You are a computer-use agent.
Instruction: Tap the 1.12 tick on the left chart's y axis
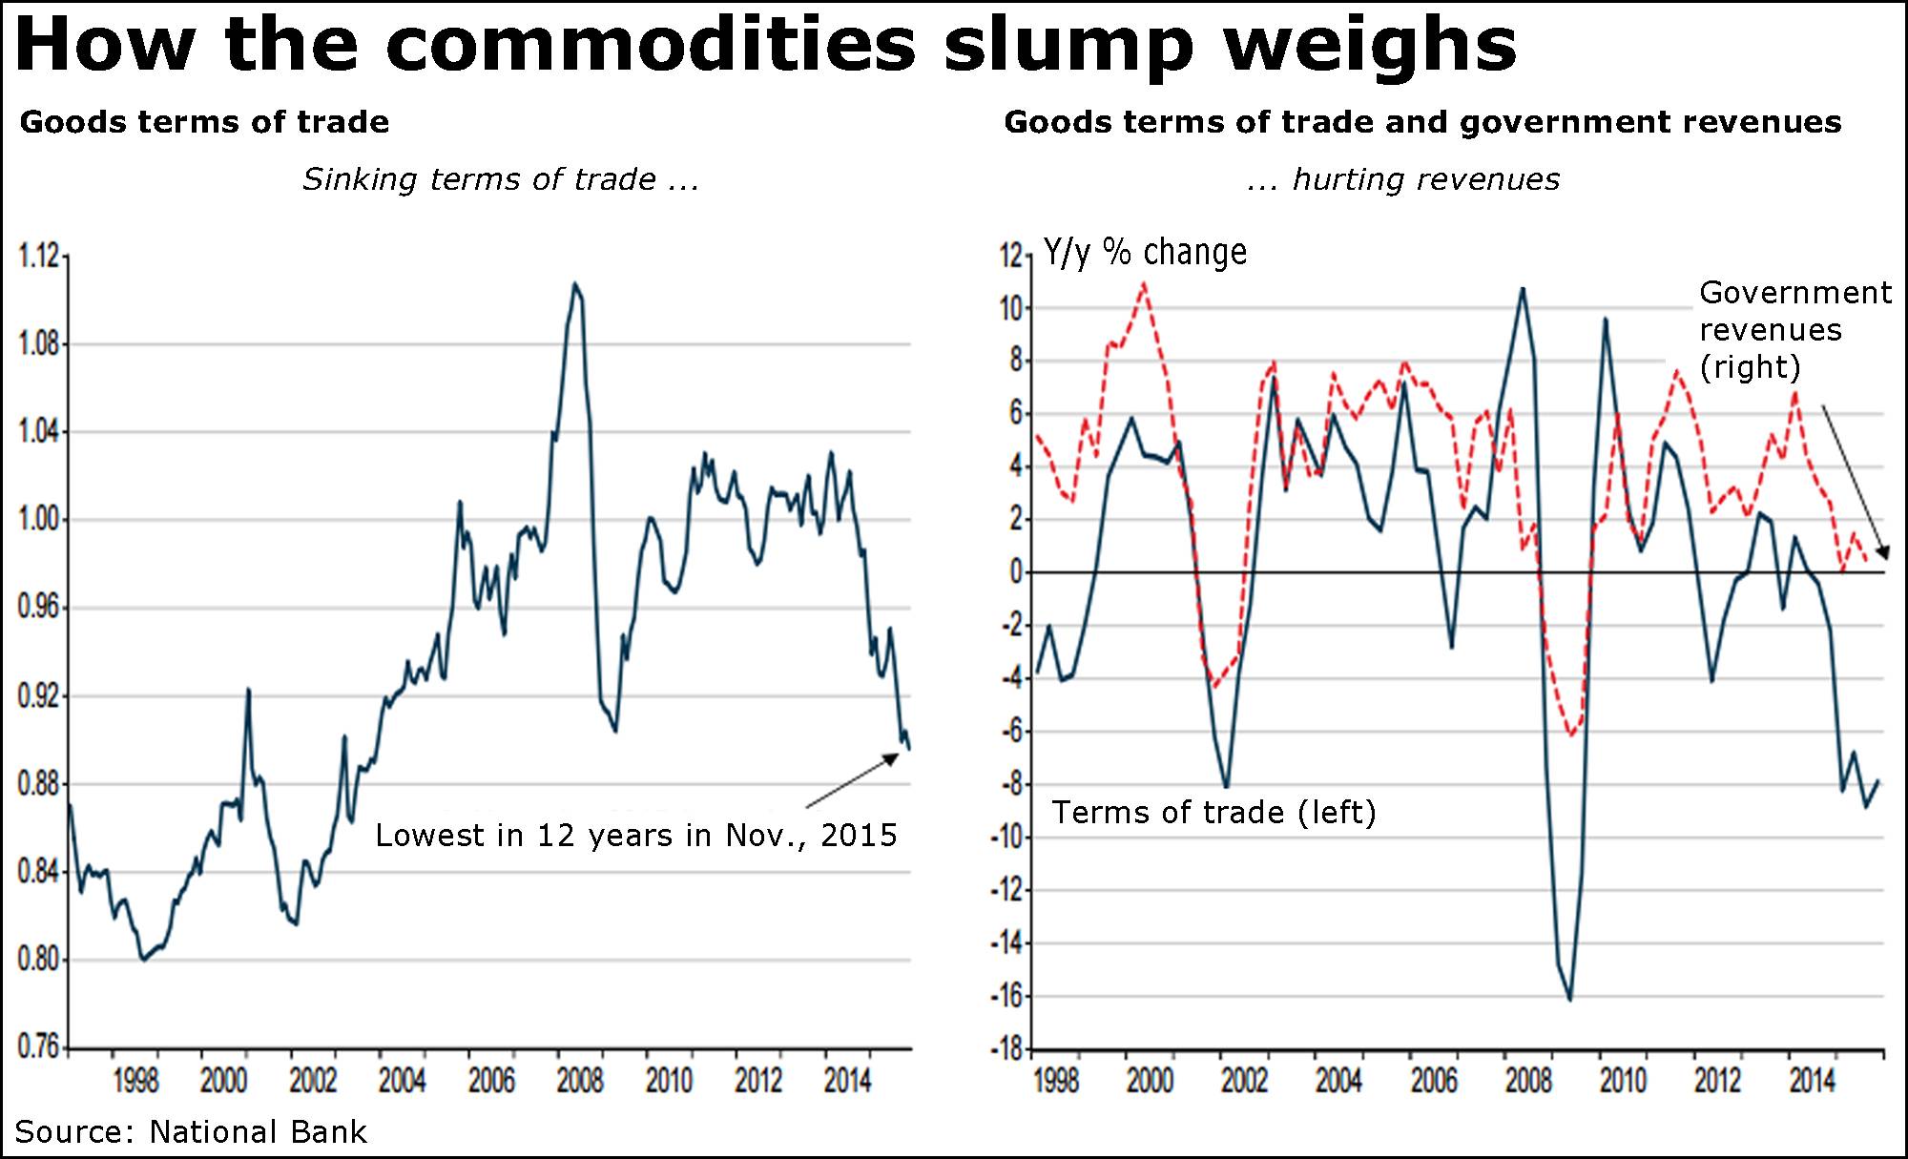click(x=38, y=256)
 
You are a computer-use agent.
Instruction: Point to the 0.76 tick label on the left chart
click(x=38, y=1046)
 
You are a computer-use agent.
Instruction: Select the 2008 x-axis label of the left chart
click(x=580, y=1081)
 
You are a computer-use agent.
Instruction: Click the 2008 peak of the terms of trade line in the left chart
click(x=575, y=283)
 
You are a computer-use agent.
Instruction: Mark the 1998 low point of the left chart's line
click(x=144, y=960)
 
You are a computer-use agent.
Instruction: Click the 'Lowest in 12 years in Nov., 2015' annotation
click(x=636, y=836)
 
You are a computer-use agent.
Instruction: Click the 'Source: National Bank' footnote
click(x=191, y=1132)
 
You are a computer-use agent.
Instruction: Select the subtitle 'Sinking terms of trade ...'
click(x=501, y=179)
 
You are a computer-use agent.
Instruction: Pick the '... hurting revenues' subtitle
click(x=1403, y=179)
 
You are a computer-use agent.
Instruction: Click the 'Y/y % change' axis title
click(x=1145, y=252)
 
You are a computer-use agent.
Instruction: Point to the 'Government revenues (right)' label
click(x=1794, y=329)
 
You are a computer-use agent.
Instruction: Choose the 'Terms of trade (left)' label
click(x=1213, y=813)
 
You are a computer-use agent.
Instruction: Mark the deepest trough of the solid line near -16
click(x=1570, y=999)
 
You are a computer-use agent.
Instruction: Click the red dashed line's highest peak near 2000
click(x=1144, y=283)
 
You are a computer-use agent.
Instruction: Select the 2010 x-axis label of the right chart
click(x=1623, y=1081)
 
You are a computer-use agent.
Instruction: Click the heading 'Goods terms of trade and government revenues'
click(x=1422, y=122)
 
